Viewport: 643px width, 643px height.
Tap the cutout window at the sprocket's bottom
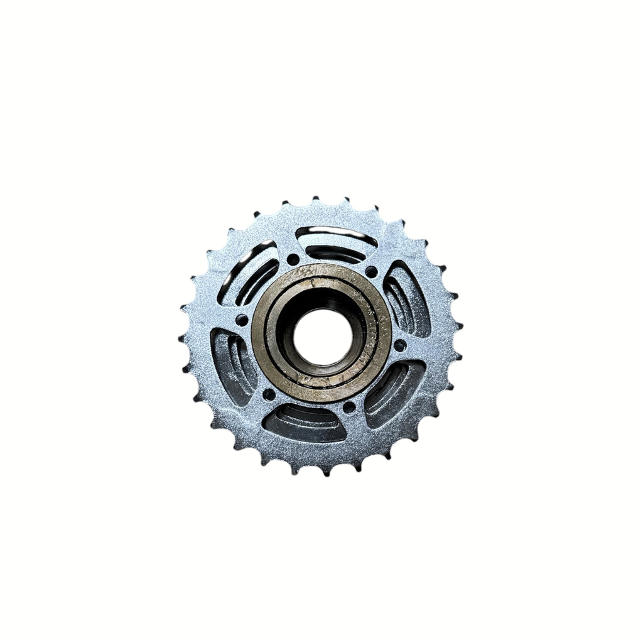[x=305, y=423]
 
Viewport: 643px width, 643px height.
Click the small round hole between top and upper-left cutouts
[x=293, y=258]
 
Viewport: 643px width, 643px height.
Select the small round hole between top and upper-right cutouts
[x=371, y=272]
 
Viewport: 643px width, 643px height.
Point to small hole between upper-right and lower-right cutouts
[x=399, y=345]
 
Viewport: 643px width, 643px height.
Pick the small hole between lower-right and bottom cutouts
[x=349, y=408]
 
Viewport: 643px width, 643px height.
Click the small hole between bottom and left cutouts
[x=269, y=394]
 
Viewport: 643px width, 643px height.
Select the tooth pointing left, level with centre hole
[x=183, y=339]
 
